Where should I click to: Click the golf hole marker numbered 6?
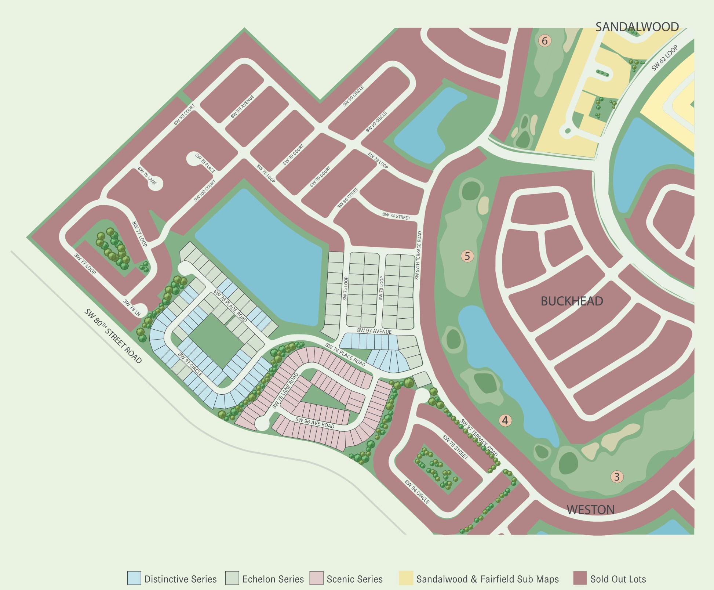[544, 41]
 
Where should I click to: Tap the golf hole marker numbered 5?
[467, 256]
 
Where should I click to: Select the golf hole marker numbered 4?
[505, 420]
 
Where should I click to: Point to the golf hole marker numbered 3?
[617, 477]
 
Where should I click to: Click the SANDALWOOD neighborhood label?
[637, 27]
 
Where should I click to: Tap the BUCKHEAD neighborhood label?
[572, 301]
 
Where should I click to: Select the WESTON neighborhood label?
[590, 510]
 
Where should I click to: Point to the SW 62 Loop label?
[664, 58]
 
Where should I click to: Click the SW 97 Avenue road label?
[374, 331]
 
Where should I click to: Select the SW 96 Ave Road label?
[315, 423]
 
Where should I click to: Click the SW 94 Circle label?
[417, 492]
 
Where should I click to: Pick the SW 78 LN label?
[132, 308]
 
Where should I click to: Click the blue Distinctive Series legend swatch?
[134, 578]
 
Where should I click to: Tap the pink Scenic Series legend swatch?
[316, 578]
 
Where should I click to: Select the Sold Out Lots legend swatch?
[580, 578]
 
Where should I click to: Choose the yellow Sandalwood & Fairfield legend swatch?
[406, 578]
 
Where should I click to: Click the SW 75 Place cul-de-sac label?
[205, 163]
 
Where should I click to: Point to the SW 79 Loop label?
[378, 160]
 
